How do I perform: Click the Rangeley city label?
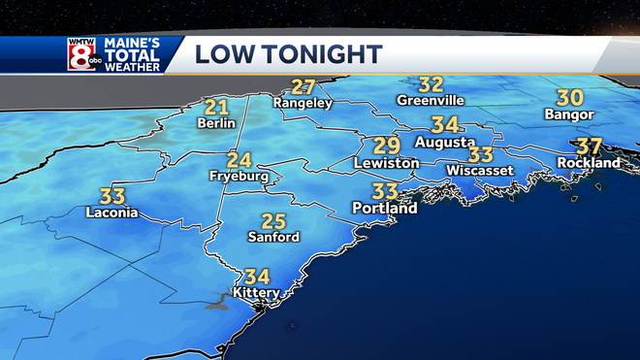303,102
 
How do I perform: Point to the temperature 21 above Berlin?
215,108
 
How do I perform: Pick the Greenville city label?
432,100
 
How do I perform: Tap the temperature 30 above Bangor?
569,98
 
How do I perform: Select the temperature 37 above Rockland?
590,147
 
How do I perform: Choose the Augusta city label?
444,142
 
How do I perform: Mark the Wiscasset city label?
479,170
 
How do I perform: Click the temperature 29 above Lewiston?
387,147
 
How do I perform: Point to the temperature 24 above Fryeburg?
240,160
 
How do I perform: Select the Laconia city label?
112,213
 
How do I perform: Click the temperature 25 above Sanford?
273,220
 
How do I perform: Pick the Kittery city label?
257,292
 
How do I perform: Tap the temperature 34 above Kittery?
257,276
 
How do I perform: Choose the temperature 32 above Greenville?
432,84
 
